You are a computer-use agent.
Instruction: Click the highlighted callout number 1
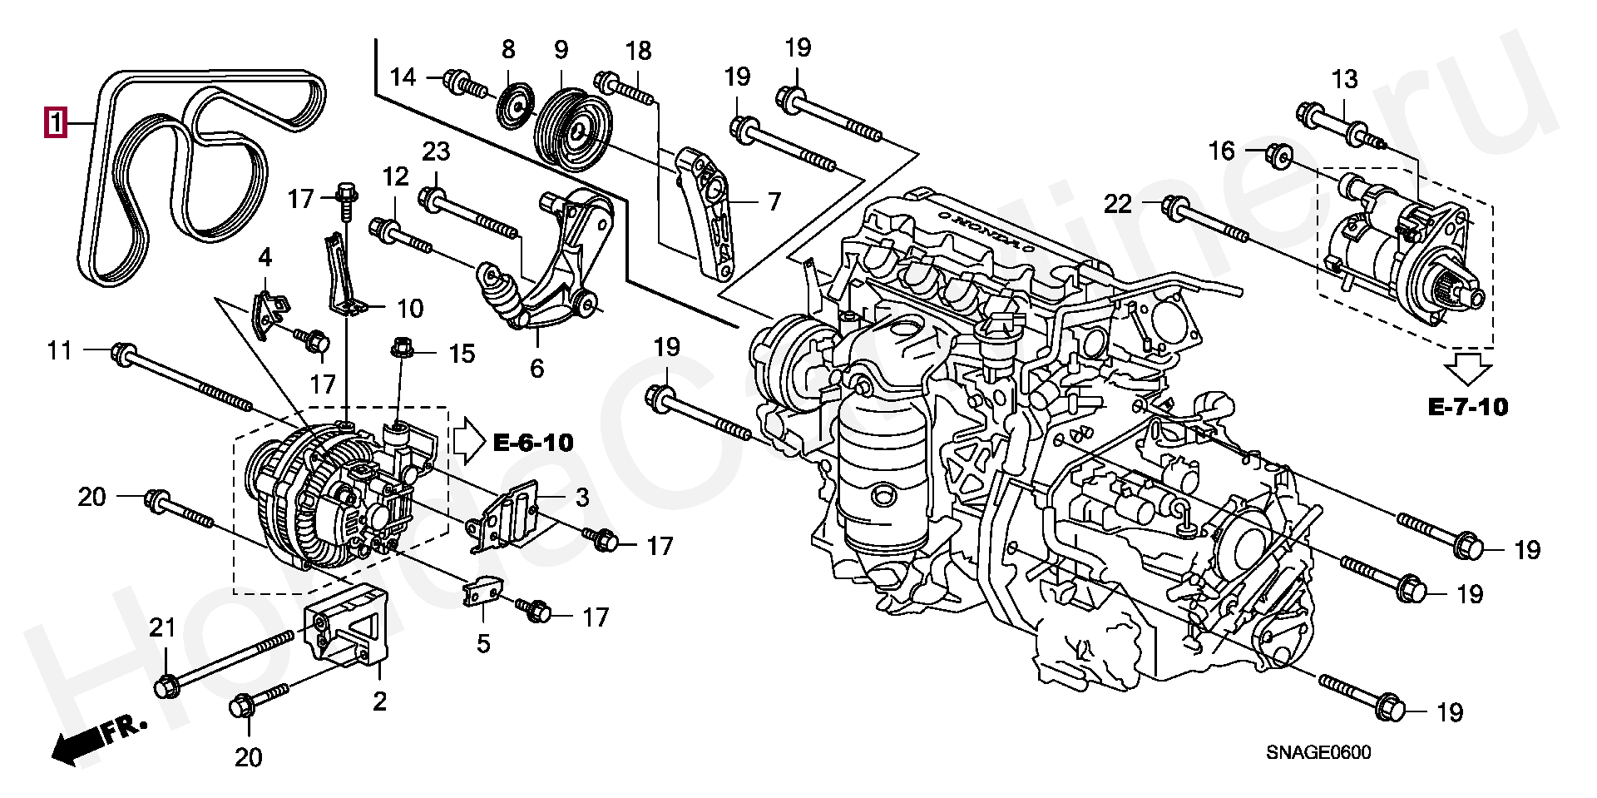(56, 124)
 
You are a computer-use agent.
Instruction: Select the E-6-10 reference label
(533, 442)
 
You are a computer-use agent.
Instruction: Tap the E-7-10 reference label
(1468, 406)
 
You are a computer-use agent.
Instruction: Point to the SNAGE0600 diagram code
(1318, 753)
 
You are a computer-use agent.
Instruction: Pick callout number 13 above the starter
(1344, 79)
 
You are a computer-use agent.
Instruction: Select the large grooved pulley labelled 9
(573, 128)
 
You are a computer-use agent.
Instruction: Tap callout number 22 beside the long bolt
(1118, 203)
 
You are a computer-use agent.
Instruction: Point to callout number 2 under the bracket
(379, 701)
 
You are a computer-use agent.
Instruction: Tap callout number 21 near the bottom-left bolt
(162, 627)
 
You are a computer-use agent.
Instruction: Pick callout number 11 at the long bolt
(59, 350)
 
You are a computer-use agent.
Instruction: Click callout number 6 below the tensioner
(536, 368)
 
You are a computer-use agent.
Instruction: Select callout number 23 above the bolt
(436, 151)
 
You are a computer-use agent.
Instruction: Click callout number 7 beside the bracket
(774, 201)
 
